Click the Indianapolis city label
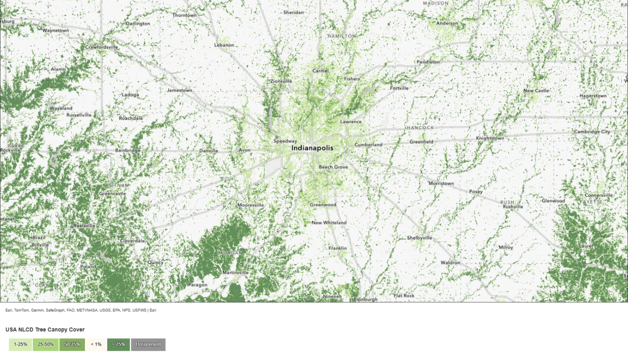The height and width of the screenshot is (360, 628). point(312,148)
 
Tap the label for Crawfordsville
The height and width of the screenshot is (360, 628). point(102,47)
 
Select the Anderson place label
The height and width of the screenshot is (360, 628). point(447,23)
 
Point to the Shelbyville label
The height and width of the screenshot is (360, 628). point(420,238)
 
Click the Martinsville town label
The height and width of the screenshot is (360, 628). point(236,273)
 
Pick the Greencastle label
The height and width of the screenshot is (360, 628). point(113,194)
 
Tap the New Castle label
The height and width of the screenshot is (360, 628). point(536,90)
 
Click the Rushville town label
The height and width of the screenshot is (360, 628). point(513,207)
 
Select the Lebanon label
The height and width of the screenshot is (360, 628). point(224,45)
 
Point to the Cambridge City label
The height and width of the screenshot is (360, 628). point(592,132)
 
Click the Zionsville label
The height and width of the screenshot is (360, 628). point(281,81)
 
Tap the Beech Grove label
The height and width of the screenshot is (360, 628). point(333,167)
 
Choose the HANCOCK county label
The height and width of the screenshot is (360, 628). point(420,128)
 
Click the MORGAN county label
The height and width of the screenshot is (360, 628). point(230,253)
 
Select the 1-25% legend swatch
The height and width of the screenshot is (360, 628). point(21,345)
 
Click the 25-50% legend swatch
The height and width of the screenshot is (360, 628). point(46,345)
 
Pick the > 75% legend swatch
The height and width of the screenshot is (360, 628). point(118,345)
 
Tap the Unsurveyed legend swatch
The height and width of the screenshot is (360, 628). point(148,345)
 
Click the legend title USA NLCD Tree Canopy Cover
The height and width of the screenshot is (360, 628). point(45,330)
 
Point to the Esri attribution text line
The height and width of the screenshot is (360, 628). point(81,310)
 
